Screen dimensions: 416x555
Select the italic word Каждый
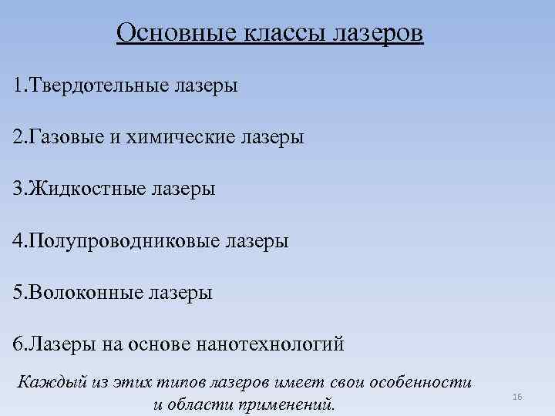click(46, 381)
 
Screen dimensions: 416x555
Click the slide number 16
click(516, 396)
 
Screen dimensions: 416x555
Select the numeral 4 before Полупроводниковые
click(18, 241)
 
